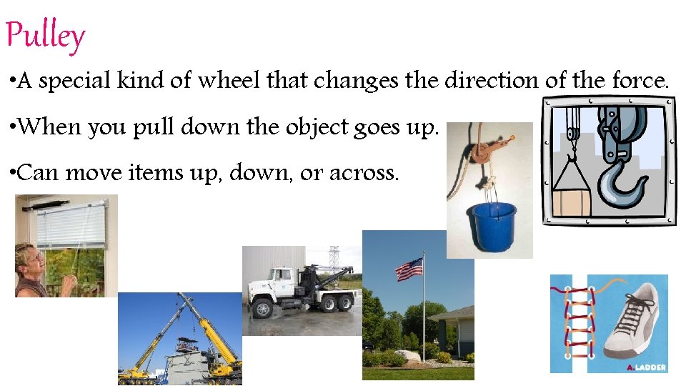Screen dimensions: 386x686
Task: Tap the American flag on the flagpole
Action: pos(409,269)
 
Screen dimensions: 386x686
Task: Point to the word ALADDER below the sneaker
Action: pos(647,367)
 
